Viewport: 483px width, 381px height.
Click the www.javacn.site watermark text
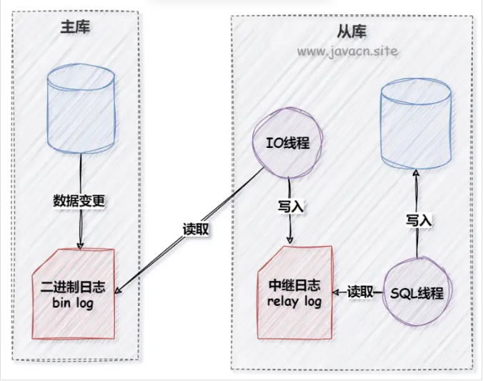[x=347, y=51]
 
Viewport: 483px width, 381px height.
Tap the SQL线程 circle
[x=418, y=293]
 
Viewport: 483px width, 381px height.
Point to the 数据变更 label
[x=79, y=201]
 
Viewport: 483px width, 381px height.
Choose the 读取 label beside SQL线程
[x=361, y=292]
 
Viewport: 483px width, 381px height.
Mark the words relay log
[x=294, y=301]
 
